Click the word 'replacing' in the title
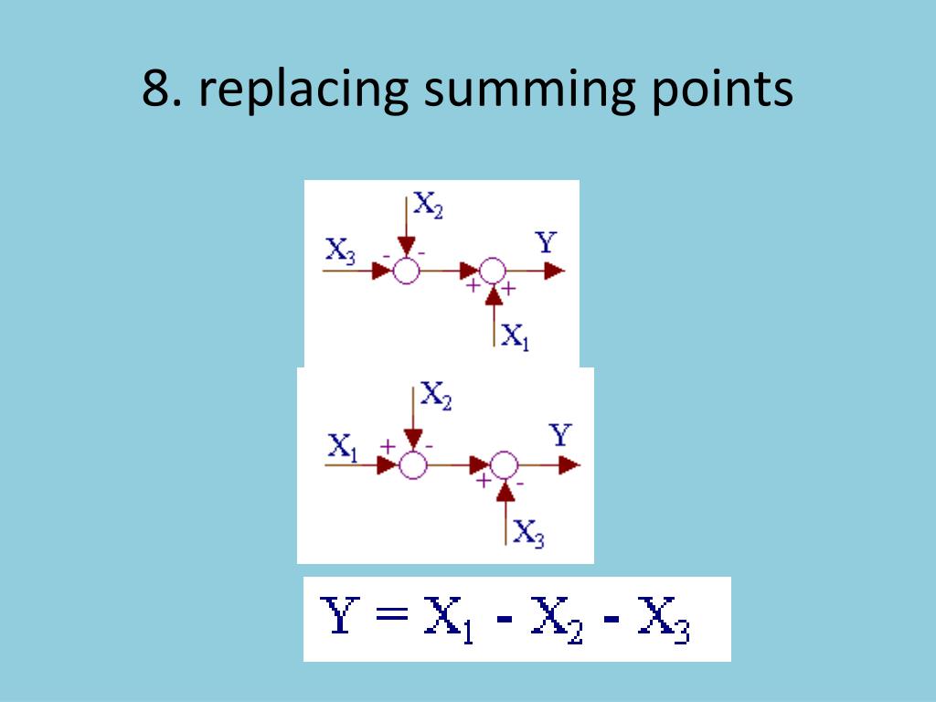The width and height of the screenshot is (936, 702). tap(299, 93)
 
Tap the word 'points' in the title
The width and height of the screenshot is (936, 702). tap(721, 93)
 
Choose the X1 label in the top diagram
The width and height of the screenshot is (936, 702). tap(515, 337)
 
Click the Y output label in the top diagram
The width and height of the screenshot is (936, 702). tap(546, 243)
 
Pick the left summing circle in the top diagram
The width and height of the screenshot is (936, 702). tap(406, 271)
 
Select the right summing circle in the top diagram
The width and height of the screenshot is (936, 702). tap(493, 271)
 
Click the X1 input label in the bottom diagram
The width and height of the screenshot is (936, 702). tap(343, 447)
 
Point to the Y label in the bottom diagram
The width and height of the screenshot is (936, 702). tap(560, 436)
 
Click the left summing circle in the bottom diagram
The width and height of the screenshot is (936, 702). tap(413, 465)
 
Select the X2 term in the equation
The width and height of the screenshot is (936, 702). tap(556, 622)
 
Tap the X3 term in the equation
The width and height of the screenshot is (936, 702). tap(663, 622)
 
